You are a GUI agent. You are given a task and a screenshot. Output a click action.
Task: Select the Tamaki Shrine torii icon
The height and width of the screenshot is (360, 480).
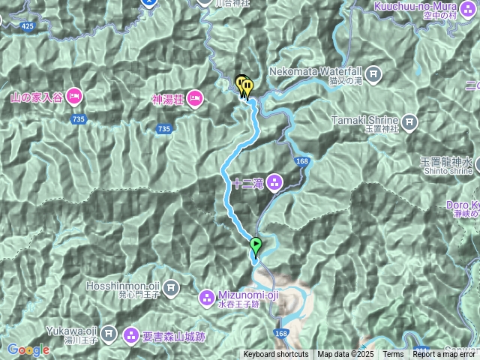(x=409, y=121)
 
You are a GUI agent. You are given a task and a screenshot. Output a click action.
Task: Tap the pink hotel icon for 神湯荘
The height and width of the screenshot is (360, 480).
(x=194, y=97)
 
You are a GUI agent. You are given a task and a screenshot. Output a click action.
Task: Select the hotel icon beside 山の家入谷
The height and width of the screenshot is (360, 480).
(x=73, y=96)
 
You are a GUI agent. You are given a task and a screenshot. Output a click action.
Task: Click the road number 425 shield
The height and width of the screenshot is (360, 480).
(x=28, y=26)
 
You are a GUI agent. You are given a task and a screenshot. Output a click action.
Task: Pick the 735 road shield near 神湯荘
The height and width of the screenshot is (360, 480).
(x=164, y=130)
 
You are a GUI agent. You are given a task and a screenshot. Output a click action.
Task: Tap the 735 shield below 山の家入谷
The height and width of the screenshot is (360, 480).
(x=79, y=119)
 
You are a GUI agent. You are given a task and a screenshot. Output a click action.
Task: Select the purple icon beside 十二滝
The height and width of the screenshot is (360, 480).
(x=273, y=182)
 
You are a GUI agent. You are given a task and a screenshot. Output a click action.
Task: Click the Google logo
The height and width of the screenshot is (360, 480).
(x=28, y=349)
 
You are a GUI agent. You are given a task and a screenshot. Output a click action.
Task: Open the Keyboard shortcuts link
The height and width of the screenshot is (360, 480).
(x=275, y=355)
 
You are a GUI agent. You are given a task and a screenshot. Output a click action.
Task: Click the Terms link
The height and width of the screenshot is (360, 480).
(x=393, y=355)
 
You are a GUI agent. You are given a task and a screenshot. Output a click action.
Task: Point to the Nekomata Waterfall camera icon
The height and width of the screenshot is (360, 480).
(x=374, y=74)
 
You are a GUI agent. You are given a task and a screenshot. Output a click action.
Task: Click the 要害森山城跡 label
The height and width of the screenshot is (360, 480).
(x=172, y=337)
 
